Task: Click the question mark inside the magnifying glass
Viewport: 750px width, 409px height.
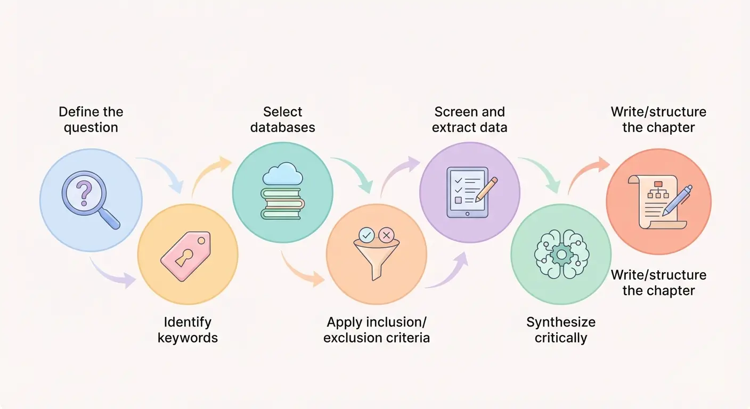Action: pyautogui.click(x=83, y=193)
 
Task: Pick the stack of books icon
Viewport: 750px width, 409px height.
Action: pyautogui.click(x=282, y=202)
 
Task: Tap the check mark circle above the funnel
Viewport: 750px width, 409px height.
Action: pyautogui.click(x=366, y=234)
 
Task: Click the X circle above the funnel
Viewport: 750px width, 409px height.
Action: pyautogui.click(x=386, y=234)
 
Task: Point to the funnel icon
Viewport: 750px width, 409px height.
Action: pyautogui.click(x=376, y=261)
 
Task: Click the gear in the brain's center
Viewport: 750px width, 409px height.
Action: pyautogui.click(x=560, y=255)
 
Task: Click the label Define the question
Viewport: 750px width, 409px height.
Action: pyautogui.click(x=91, y=120)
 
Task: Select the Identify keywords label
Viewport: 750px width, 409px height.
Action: pyautogui.click(x=187, y=330)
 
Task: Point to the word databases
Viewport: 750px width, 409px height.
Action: pyautogui.click(x=282, y=128)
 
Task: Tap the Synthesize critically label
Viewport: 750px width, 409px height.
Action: pyautogui.click(x=560, y=330)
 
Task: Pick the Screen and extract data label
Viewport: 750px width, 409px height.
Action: pyautogui.click(x=469, y=120)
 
